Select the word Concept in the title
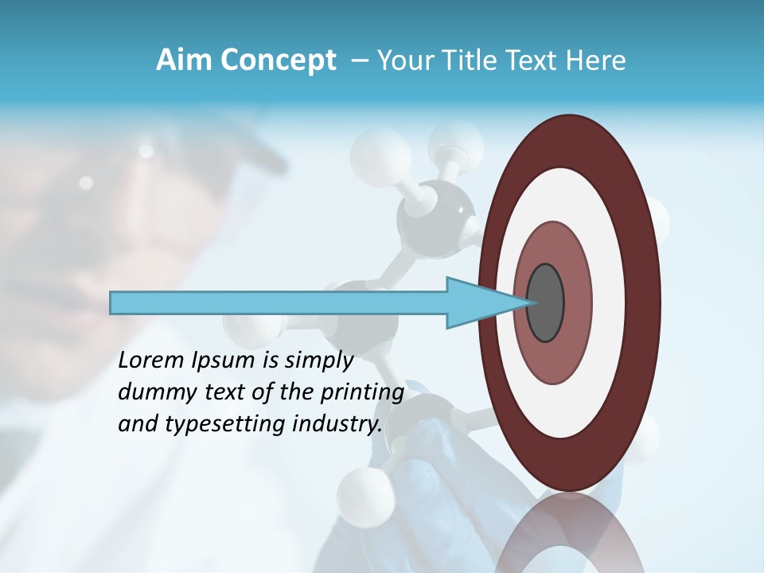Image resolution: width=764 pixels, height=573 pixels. (x=278, y=61)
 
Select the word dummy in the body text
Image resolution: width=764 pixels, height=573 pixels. (x=154, y=392)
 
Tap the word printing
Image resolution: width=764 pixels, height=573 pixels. (x=362, y=393)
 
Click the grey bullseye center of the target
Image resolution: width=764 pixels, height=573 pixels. (x=545, y=302)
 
